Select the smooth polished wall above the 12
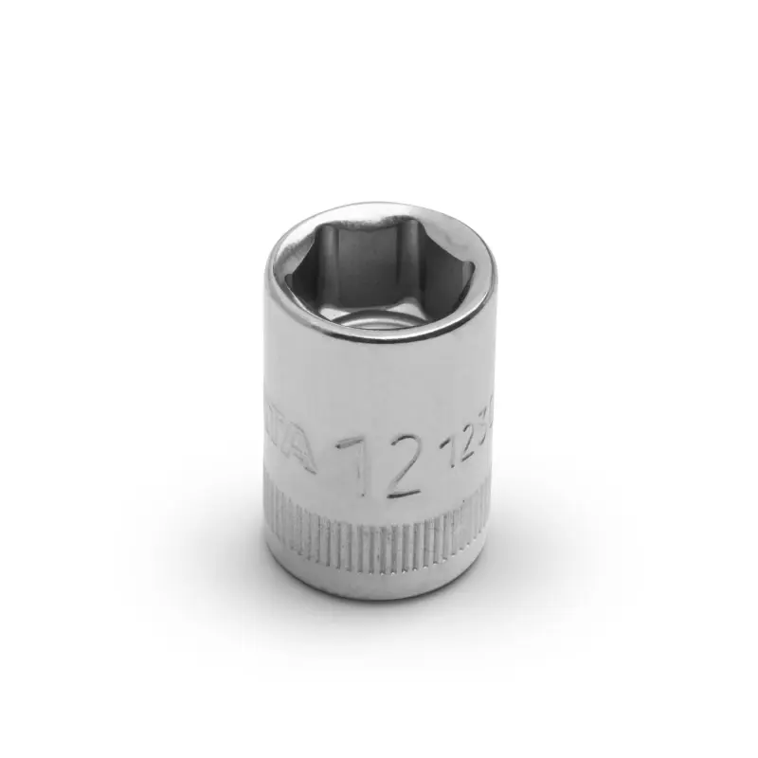[x=379, y=388]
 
